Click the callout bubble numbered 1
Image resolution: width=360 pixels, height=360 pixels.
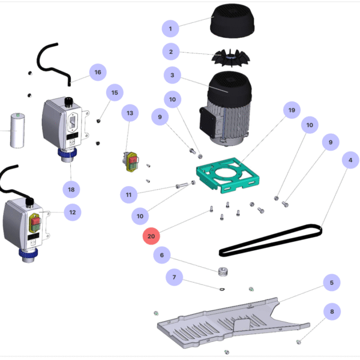pyautogui.click(x=170, y=28)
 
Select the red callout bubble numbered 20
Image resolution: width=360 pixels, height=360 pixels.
pyautogui.click(x=151, y=236)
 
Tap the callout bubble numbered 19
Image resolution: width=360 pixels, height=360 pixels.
pyautogui.click(x=292, y=111)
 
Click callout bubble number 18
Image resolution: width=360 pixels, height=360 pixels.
pyautogui.click(x=71, y=189)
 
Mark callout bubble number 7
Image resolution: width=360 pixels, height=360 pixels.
pyautogui.click(x=175, y=278)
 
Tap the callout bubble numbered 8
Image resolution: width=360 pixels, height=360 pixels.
pyautogui.click(x=331, y=312)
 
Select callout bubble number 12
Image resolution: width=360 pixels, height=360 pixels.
pyautogui.click(x=73, y=212)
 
